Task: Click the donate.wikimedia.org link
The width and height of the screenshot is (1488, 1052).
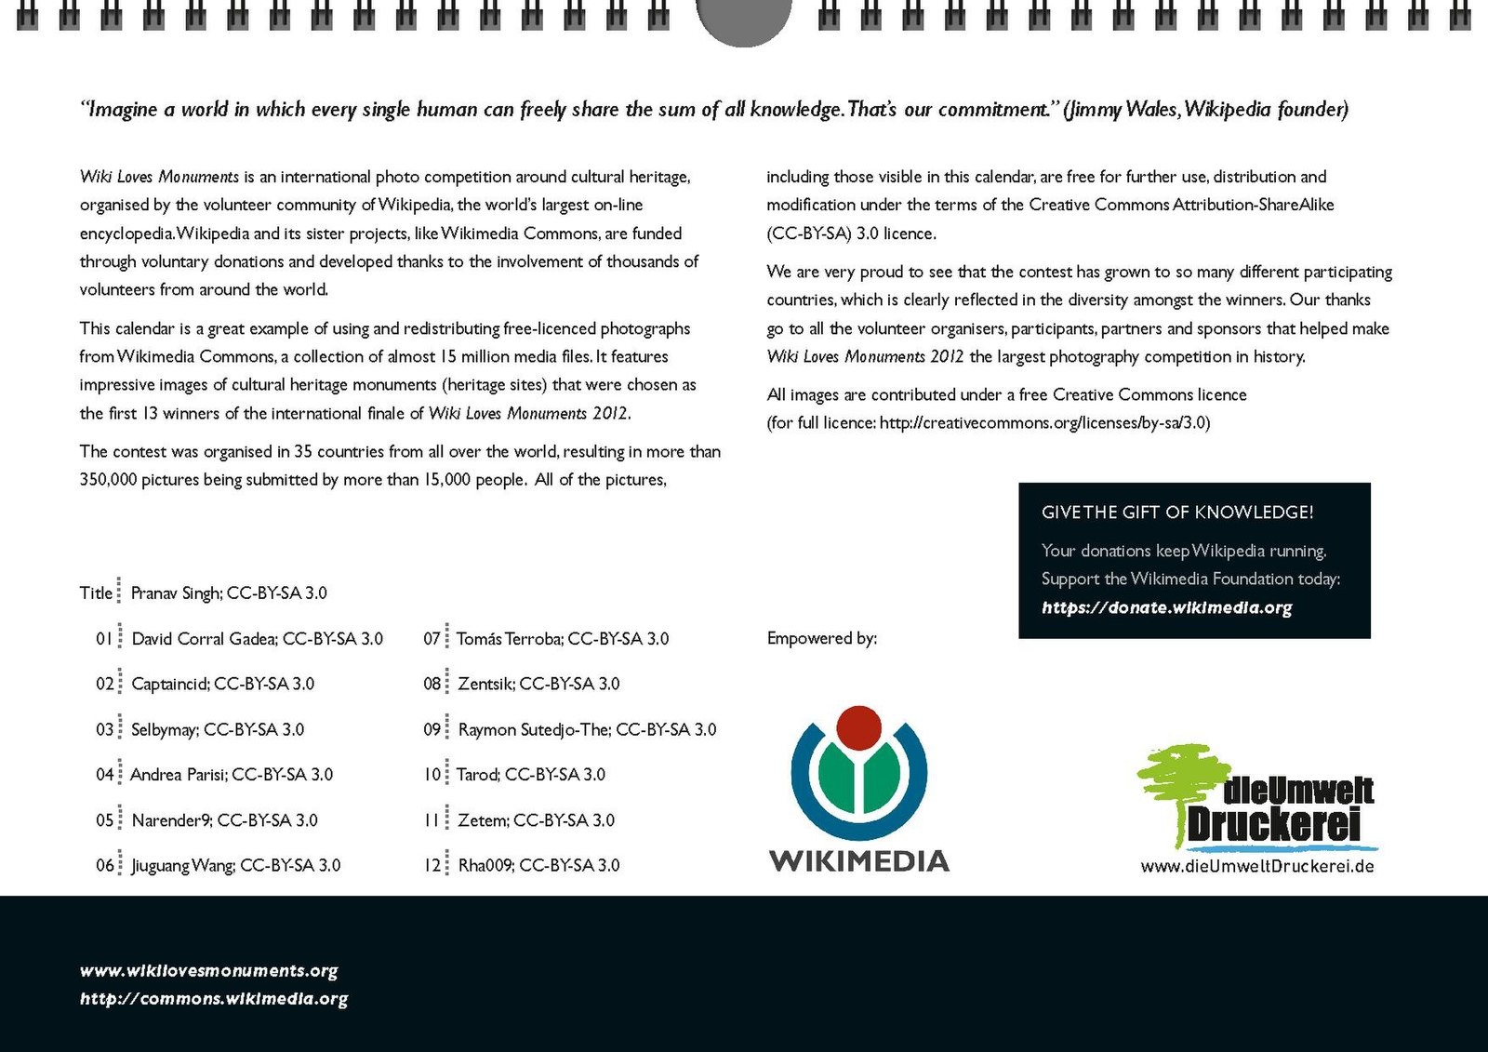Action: (1166, 608)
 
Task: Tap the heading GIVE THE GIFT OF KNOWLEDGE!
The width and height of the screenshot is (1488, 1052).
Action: (1177, 513)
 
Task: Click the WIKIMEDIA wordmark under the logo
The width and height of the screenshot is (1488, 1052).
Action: (858, 860)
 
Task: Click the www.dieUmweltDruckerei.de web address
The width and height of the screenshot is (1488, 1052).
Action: (1257, 866)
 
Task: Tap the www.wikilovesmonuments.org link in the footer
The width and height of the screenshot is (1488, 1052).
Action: (208, 971)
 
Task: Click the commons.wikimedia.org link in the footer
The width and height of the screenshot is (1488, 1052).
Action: (214, 999)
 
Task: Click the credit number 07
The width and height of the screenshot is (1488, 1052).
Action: (432, 639)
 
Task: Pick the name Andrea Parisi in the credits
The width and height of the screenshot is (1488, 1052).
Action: (178, 775)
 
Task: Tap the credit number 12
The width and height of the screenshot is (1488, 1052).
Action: (432, 865)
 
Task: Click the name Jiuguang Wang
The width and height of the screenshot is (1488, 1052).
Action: (182, 866)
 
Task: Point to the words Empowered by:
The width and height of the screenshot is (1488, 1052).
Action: (821, 638)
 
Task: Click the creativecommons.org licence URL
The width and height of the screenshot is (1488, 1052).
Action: (1043, 423)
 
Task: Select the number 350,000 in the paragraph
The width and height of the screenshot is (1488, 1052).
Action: (108, 480)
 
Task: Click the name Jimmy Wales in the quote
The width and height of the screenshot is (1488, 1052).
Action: (1122, 110)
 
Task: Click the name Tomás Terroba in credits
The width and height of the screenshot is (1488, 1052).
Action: (508, 639)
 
